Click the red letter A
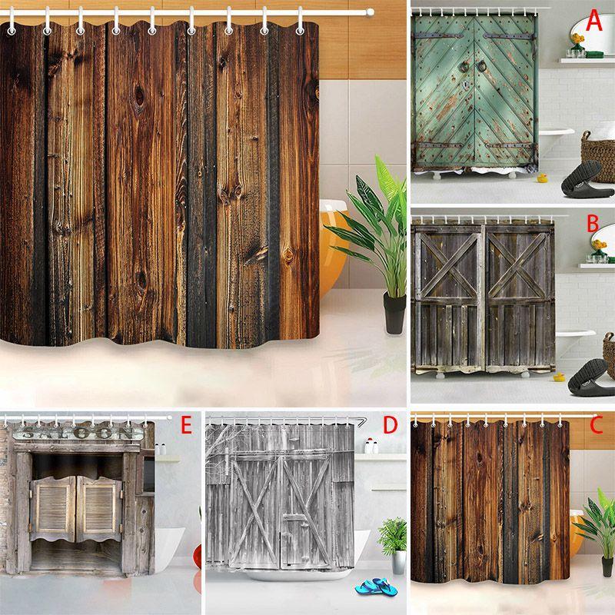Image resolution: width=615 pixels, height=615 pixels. (593, 22)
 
